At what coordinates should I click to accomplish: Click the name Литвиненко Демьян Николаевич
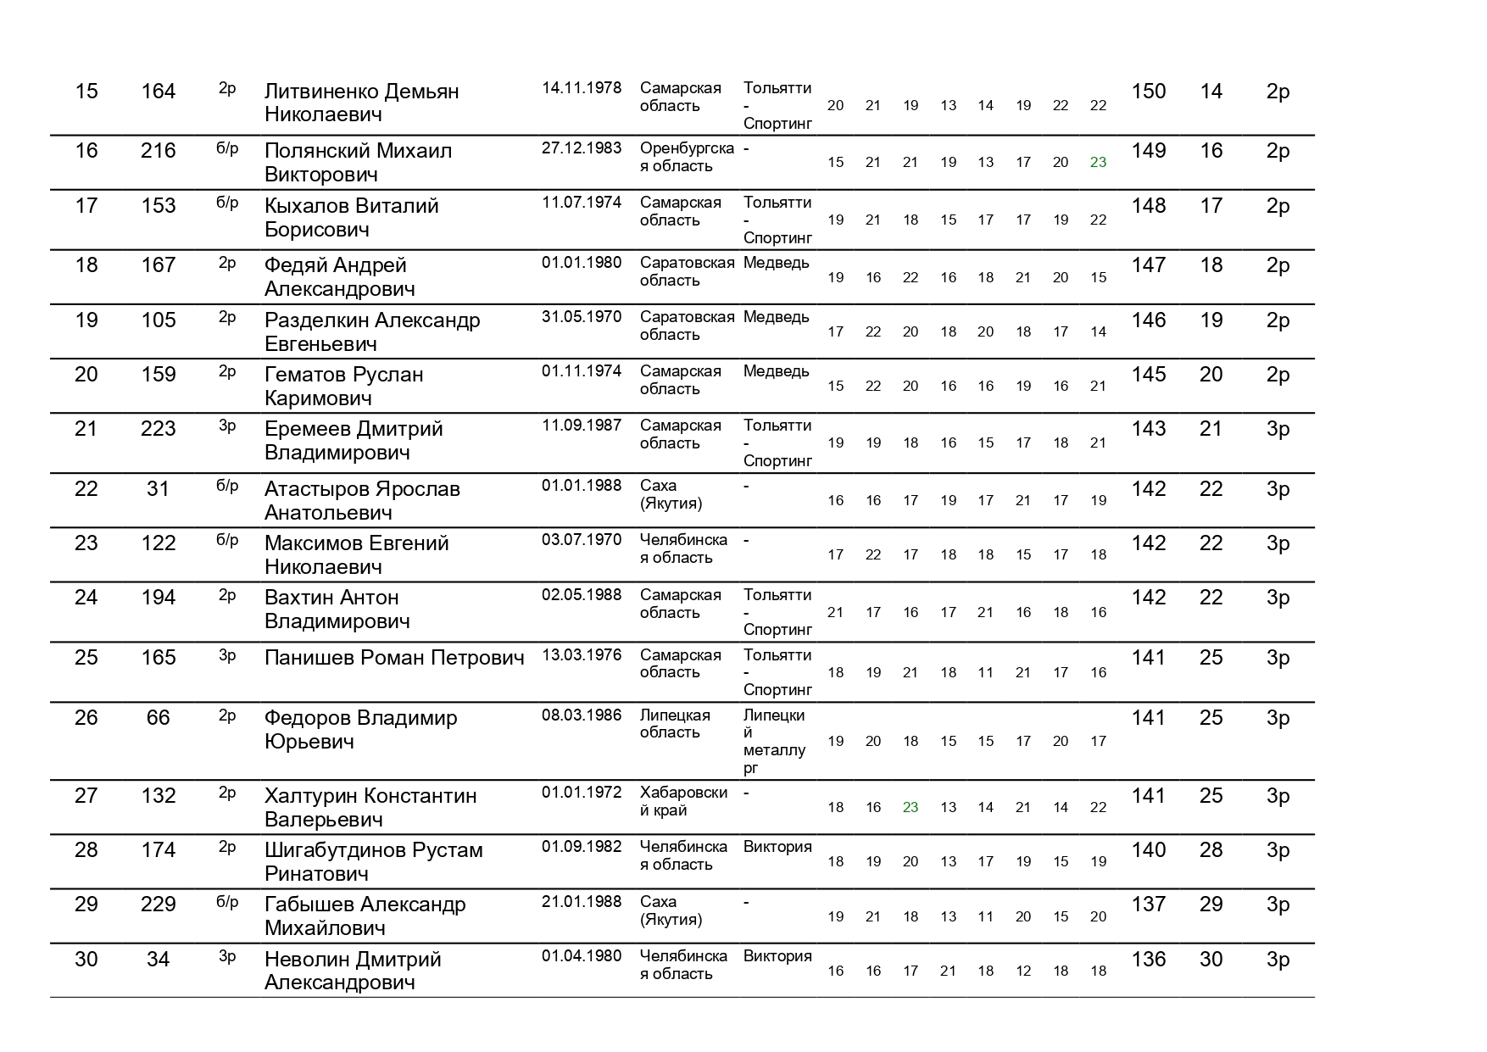(x=361, y=103)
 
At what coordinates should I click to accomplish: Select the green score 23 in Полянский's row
(x=1098, y=162)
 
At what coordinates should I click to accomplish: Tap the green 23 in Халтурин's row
(x=911, y=807)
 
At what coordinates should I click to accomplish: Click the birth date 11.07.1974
(x=582, y=203)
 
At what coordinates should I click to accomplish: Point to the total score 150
(x=1149, y=92)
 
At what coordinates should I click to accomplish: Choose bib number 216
(x=159, y=151)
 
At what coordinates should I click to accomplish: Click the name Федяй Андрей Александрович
(x=339, y=277)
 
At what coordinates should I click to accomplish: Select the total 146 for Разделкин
(x=1149, y=320)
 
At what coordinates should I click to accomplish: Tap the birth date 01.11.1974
(x=582, y=371)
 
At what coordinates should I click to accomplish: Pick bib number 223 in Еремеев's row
(x=159, y=429)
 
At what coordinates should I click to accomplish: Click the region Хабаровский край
(x=683, y=801)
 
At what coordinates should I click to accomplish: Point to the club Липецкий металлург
(x=774, y=742)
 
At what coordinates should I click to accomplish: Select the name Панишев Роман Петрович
(x=394, y=658)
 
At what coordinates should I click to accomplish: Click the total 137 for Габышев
(x=1149, y=904)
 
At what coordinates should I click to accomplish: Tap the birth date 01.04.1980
(x=582, y=956)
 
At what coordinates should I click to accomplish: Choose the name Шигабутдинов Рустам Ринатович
(x=373, y=862)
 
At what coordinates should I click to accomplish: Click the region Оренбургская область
(x=687, y=157)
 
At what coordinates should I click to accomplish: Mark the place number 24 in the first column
(x=86, y=598)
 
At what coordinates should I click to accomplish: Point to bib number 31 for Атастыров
(x=159, y=489)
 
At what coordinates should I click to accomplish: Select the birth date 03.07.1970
(x=582, y=540)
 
